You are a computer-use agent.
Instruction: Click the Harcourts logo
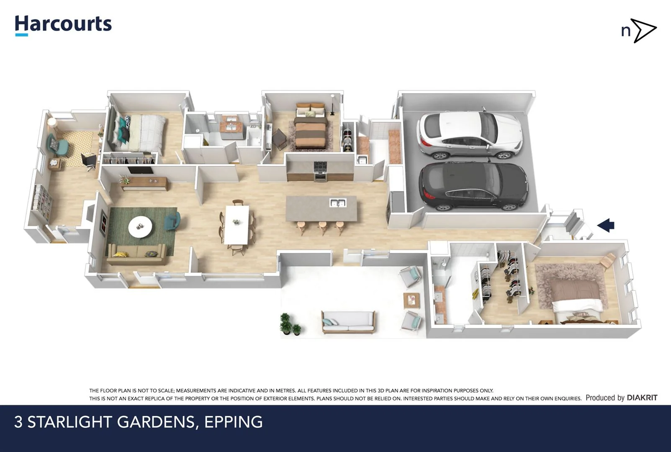point(63,25)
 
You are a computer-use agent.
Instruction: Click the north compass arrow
point(644,31)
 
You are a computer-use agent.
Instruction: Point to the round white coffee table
point(140,226)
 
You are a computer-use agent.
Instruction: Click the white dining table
point(237,224)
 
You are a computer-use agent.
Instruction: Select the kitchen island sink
point(338,203)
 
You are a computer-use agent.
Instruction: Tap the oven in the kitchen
point(320,172)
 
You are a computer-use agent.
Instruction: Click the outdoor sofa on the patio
point(348,321)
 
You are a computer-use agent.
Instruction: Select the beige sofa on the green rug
point(136,254)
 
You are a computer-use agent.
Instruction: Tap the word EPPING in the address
point(233,422)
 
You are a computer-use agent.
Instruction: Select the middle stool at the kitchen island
point(323,227)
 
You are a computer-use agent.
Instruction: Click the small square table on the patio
point(411,300)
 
